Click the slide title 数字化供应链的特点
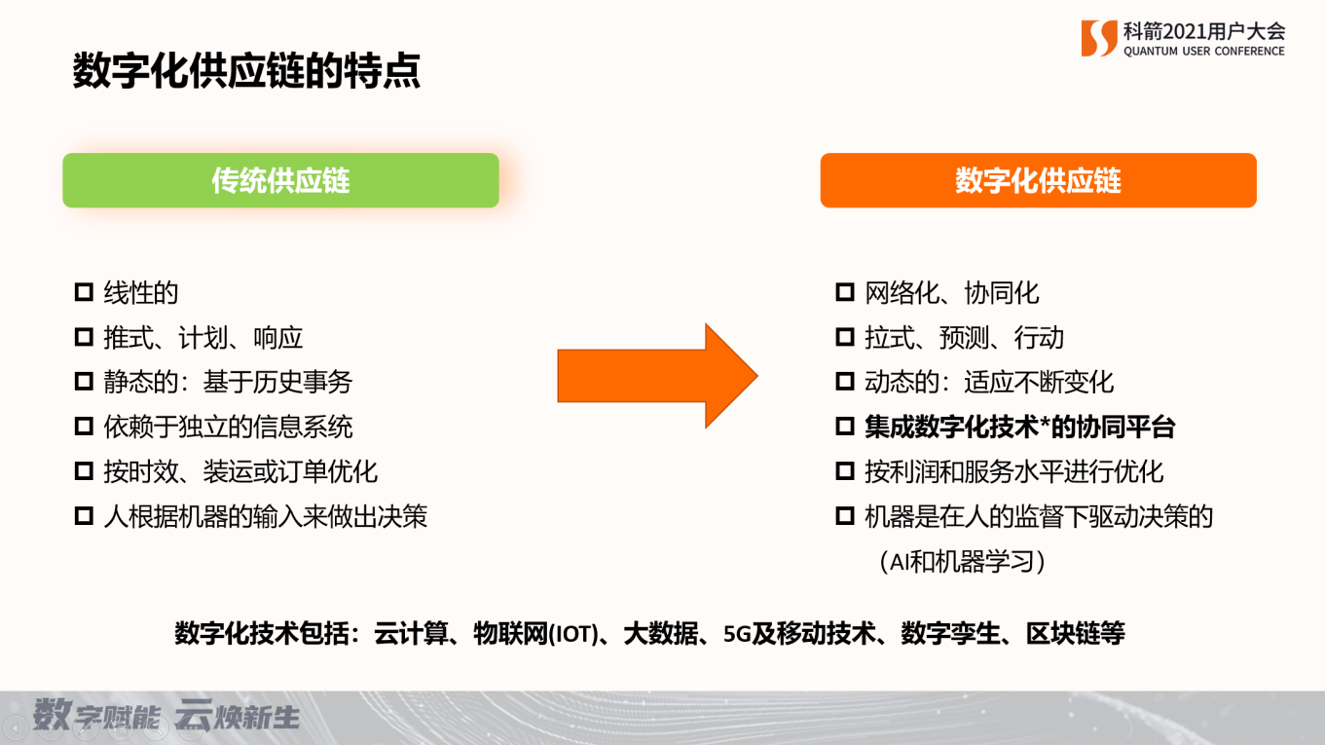coord(246,71)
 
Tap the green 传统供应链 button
coord(280,180)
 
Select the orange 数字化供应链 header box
coord(1038,180)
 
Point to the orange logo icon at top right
coord(1098,38)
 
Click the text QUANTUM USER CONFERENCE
coord(1203,52)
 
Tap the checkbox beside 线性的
coord(84,292)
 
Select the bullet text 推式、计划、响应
coord(203,338)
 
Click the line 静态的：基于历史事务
coord(228,382)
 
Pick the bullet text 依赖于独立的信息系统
coord(228,427)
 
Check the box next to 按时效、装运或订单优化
coord(84,472)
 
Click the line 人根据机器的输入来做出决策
coord(266,516)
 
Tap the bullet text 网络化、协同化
coord(952,292)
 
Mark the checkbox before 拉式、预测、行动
coord(844,338)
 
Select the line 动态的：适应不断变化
coord(989,382)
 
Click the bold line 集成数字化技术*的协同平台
coord(1020,427)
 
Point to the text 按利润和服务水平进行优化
coord(1013,472)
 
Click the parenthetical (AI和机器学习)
coord(962,562)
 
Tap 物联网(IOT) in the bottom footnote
coord(534,634)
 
